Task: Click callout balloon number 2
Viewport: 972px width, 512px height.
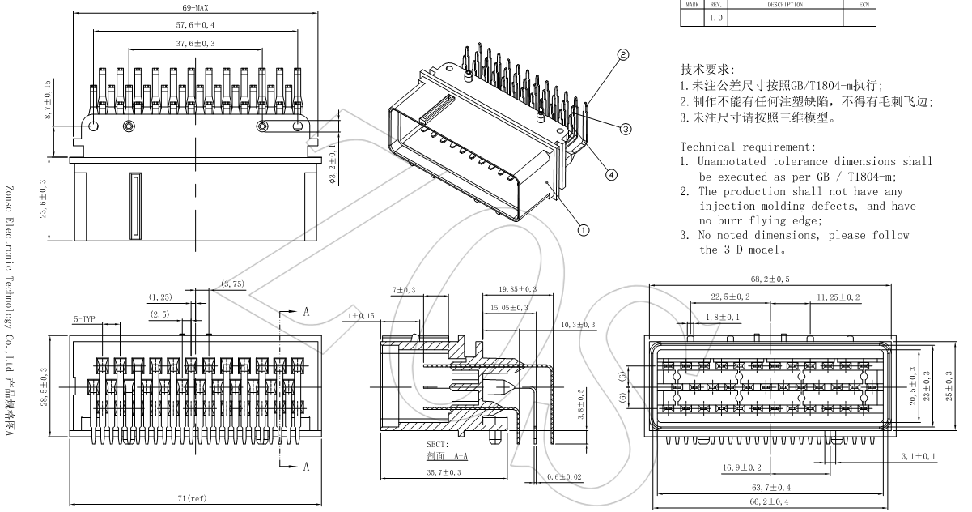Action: [623, 55]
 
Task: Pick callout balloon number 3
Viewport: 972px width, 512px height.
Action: [626, 128]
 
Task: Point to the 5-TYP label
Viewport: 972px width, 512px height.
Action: [85, 319]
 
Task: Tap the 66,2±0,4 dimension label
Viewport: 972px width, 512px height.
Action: [770, 502]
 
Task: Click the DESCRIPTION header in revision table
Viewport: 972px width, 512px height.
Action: [782, 4]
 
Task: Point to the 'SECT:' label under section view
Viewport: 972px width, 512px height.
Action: [439, 445]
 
